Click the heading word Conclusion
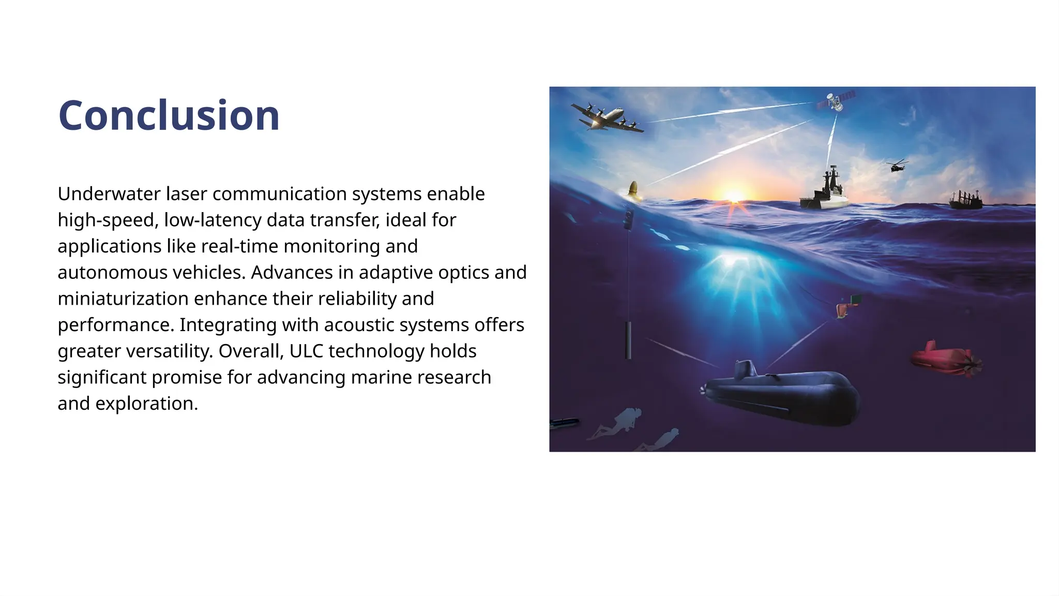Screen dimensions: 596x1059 (x=169, y=115)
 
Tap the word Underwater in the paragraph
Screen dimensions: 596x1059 (x=109, y=194)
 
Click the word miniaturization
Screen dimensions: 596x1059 (x=123, y=299)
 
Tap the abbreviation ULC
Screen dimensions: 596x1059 (x=306, y=351)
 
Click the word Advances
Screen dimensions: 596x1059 (x=292, y=273)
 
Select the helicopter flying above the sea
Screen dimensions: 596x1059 (x=896, y=166)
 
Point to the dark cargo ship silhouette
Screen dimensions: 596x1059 (x=965, y=200)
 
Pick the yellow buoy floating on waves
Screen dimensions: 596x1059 (x=633, y=191)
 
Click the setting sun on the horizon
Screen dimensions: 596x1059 (x=734, y=196)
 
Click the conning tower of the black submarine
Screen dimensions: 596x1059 (x=745, y=369)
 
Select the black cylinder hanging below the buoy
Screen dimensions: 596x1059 (x=628, y=340)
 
